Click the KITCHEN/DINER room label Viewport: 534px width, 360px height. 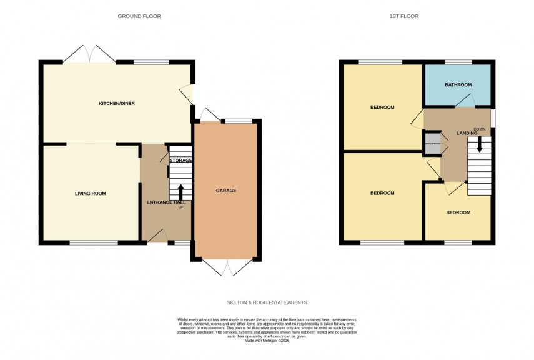(117, 103)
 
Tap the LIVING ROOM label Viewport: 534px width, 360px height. (91, 194)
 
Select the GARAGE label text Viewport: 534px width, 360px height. (226, 190)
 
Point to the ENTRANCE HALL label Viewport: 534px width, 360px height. (166, 202)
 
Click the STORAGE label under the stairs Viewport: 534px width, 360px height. (181, 161)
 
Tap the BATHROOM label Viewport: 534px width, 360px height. (458, 84)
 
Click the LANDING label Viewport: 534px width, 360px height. (467, 132)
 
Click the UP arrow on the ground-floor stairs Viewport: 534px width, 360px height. (181, 191)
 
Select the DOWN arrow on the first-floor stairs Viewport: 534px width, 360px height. (480, 145)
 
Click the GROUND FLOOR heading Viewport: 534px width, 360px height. (139, 16)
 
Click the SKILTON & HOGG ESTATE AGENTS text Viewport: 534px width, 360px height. (267, 302)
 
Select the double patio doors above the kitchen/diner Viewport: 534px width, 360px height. (89, 54)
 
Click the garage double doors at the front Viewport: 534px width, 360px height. (227, 267)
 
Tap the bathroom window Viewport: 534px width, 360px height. (458, 61)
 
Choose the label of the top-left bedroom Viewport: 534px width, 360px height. (382, 107)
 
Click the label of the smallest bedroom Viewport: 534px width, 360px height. (458, 212)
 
